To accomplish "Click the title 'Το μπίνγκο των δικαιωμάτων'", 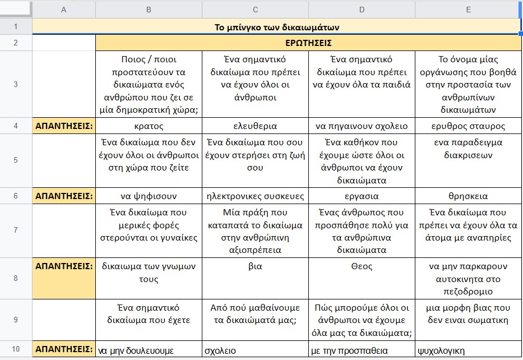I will coord(277,27).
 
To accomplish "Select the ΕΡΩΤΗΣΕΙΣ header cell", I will coord(308,43).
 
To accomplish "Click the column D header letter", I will coord(362,10).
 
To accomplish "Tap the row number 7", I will coord(15,230).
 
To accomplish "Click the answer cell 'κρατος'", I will coord(149,126).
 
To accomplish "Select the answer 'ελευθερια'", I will coord(255,126).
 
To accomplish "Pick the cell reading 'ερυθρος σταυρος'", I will coord(468,126).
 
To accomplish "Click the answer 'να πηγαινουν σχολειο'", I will coord(362,126).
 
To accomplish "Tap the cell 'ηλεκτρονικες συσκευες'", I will coord(255,196).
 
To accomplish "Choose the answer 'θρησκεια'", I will coord(468,196).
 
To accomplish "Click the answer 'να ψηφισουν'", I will coord(149,196).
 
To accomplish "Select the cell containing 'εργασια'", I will coord(362,196).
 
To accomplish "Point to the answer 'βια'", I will coord(255,266).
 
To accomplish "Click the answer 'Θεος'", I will coord(362,266).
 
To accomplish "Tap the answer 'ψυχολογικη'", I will coord(441,350).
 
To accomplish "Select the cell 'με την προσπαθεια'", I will coord(349,350).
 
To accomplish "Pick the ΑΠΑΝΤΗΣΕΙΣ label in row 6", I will coord(64,196).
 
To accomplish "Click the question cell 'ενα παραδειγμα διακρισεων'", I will coord(468,149).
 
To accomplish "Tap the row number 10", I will coord(15,349).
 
